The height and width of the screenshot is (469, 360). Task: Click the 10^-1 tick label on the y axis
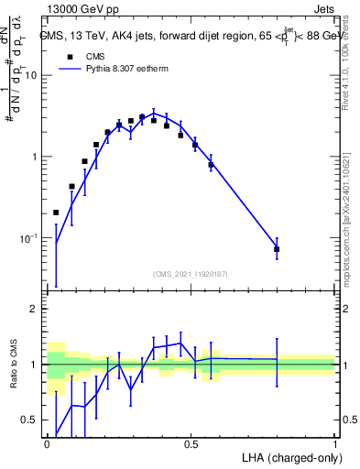tap(29, 238)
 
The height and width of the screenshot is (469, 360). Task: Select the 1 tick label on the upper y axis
tap(37, 157)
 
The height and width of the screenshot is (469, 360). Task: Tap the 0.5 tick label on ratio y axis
tap(31, 420)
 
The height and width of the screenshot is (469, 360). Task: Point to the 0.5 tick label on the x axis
tap(191, 444)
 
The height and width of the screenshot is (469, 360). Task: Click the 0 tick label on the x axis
tap(47, 444)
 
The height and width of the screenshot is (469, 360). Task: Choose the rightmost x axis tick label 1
tap(334, 444)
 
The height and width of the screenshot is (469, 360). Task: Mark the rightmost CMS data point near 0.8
tap(277, 249)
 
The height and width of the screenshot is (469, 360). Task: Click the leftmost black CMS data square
tap(56, 213)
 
